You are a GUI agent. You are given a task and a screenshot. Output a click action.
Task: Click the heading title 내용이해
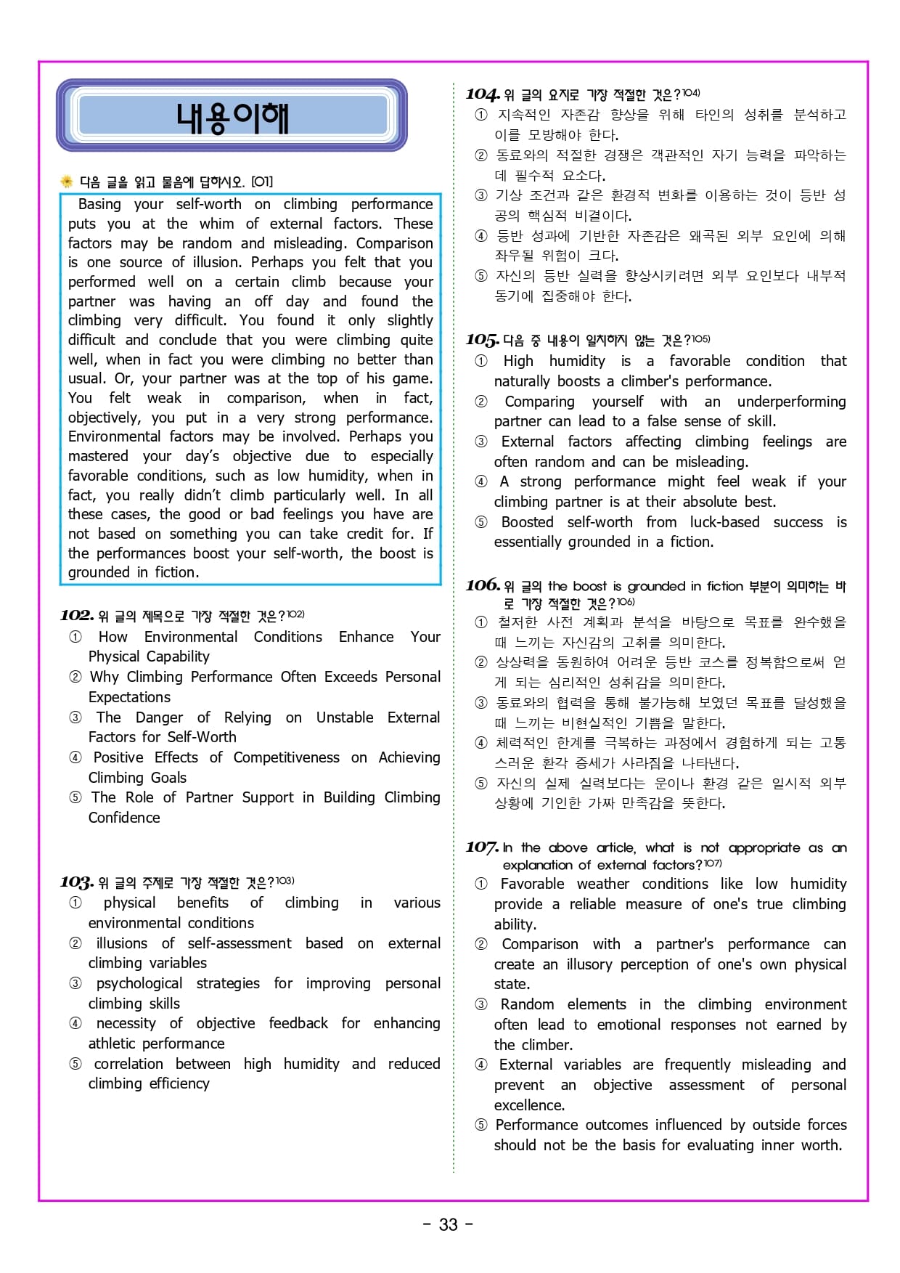[x=232, y=117]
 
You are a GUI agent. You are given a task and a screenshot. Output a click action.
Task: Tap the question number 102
[x=76, y=616]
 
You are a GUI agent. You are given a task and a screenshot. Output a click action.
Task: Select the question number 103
[x=76, y=882]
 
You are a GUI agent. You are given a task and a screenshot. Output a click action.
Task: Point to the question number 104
[x=482, y=94]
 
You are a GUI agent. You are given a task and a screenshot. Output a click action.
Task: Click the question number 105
[x=482, y=340]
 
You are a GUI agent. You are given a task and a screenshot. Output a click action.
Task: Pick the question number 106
[x=482, y=585]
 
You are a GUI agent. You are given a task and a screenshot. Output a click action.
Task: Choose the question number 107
[x=482, y=847]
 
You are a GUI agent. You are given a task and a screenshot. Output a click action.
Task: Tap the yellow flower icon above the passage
[x=67, y=182]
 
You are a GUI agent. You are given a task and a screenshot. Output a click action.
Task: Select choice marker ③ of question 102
[x=75, y=717]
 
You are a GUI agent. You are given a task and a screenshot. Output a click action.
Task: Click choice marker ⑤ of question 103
[x=75, y=1064]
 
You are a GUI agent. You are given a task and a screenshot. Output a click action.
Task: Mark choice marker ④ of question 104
[x=481, y=236]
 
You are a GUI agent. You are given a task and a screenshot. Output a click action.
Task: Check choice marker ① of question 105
[x=481, y=361]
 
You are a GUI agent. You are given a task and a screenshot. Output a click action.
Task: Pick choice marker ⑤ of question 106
[x=481, y=783]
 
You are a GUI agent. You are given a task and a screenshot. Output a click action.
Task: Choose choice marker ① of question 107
[x=481, y=884]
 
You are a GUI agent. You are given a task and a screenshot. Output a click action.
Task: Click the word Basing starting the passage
[x=99, y=204]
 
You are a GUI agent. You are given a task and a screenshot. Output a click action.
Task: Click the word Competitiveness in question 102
[x=286, y=757]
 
